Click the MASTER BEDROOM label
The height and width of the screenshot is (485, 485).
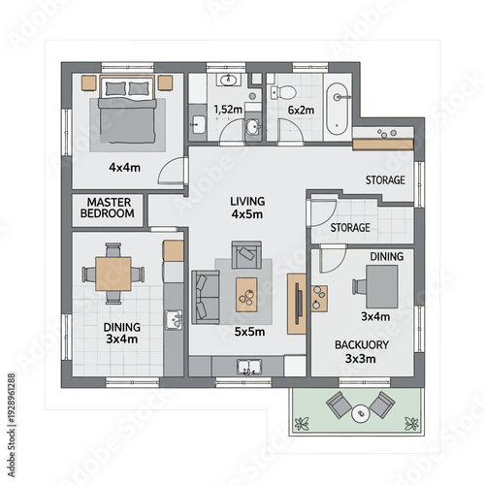pos(107,208)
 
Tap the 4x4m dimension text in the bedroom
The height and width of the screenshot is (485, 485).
pos(123,167)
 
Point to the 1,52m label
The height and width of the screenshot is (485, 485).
pos(228,110)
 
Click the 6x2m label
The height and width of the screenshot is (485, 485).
pos(301,111)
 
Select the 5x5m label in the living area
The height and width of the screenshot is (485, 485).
pos(249,331)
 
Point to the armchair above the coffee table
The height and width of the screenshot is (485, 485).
pos(245,256)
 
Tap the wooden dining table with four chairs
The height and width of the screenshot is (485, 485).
pos(113,274)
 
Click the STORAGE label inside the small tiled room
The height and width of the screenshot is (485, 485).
pos(350,228)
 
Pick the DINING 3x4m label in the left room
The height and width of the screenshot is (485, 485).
pos(122,333)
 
